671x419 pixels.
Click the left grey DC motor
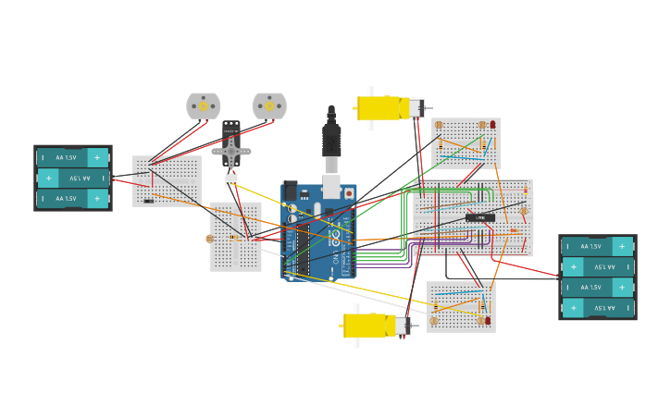point(204,105)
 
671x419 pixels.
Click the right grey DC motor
point(269,105)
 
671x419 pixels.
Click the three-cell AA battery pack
point(73,178)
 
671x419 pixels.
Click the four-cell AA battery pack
point(597,277)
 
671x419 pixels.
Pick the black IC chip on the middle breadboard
point(479,217)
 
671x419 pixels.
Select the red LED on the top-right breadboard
point(493,124)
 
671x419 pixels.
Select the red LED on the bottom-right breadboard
point(488,320)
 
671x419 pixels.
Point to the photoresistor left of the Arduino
point(210,239)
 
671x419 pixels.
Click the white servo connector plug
point(231,179)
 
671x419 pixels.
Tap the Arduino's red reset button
point(349,193)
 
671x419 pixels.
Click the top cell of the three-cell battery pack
point(73,157)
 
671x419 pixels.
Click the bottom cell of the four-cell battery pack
point(597,308)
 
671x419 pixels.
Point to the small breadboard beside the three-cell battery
point(167,180)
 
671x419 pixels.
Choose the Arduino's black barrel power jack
point(290,191)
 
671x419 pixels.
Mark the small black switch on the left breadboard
point(149,201)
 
